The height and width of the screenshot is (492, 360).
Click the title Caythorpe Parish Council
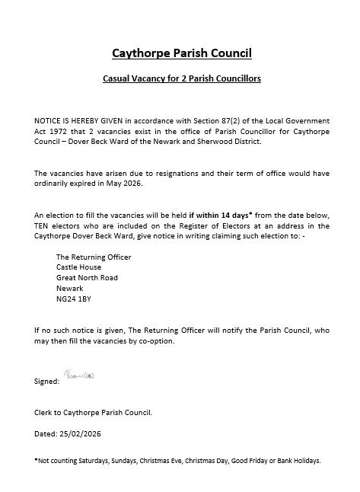181,53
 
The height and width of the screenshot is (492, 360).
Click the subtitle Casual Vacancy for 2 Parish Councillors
181,78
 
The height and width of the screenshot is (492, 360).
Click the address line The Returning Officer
94,257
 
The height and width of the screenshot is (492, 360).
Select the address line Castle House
78,268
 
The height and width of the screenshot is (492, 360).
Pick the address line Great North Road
87,278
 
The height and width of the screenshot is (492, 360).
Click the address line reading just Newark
69,289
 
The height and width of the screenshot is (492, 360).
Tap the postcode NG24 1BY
73,299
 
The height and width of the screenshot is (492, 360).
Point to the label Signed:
46,381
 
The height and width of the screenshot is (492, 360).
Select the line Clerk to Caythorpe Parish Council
94,412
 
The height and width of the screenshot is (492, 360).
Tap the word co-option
155,341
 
